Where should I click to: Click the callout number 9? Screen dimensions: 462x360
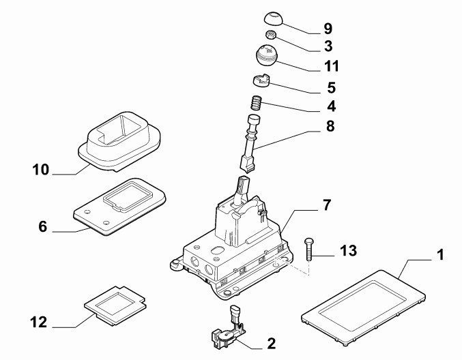pyautogui.click(x=328, y=29)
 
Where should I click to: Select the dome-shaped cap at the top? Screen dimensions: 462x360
pyautogui.click(x=273, y=18)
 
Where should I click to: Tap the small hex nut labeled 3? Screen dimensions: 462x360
pyautogui.click(x=270, y=35)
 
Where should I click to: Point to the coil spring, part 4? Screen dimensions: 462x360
pyautogui.click(x=257, y=103)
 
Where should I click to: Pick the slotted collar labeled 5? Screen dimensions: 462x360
pyautogui.click(x=261, y=80)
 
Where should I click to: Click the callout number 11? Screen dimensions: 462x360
pyautogui.click(x=332, y=66)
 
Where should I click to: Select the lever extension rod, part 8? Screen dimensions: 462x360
pyautogui.click(x=251, y=142)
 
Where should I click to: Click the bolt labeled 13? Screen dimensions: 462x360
pyautogui.click(x=308, y=249)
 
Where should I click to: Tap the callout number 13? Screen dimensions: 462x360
pyautogui.click(x=348, y=251)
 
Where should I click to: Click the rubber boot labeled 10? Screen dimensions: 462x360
pyautogui.click(x=119, y=141)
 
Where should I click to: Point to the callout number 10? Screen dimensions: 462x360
pyautogui.click(x=41, y=170)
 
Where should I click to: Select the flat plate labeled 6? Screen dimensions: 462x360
pyautogui.click(x=119, y=207)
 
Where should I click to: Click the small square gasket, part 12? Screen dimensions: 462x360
pyautogui.click(x=115, y=306)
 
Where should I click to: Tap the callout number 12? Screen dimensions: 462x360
pyautogui.click(x=39, y=322)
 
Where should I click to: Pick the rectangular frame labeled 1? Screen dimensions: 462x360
pyautogui.click(x=363, y=307)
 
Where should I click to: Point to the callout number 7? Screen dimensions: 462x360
pyautogui.click(x=327, y=205)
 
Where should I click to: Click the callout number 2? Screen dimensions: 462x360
pyautogui.click(x=272, y=344)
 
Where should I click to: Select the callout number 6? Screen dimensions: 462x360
pyautogui.click(x=43, y=226)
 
